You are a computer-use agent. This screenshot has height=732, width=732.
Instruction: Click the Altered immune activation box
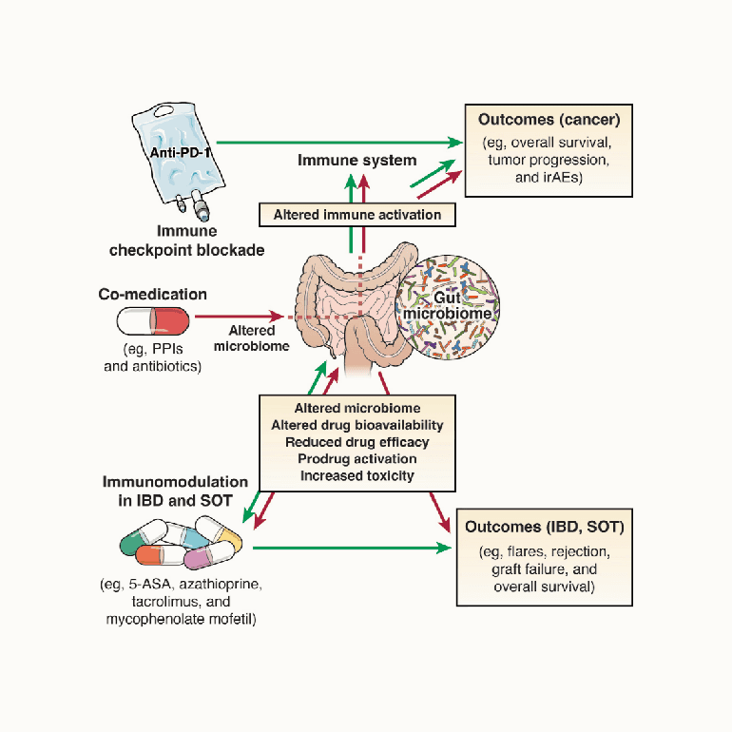[357, 215]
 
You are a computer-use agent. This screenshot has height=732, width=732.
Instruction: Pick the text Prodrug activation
[357, 459]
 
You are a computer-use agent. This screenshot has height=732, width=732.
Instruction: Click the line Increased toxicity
[357, 475]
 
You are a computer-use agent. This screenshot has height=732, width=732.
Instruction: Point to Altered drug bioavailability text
[357, 425]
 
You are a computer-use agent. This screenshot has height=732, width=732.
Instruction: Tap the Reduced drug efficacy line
[357, 442]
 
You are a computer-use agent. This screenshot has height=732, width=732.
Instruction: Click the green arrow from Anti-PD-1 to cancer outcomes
[333, 142]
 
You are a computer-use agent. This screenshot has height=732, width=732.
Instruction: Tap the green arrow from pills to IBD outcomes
[352, 548]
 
